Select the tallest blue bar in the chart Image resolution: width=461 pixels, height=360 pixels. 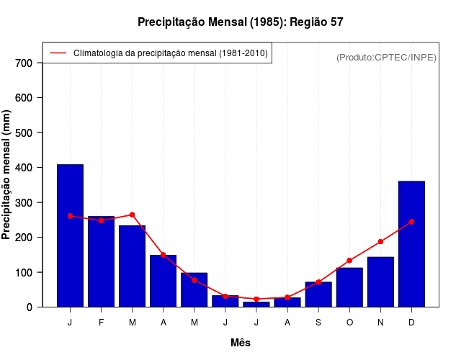(70, 235)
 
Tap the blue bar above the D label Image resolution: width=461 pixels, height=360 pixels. (411, 244)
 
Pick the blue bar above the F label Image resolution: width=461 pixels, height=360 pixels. (101, 261)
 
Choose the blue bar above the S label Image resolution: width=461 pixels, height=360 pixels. (318, 294)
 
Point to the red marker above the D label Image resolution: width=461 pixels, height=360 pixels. (411, 222)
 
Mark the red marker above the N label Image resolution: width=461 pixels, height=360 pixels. (380, 242)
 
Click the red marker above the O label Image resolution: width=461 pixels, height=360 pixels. (349, 261)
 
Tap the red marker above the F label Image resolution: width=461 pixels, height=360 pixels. (101, 220)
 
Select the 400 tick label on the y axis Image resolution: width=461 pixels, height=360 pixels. (24, 168)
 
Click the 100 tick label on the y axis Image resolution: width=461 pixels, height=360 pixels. (24, 272)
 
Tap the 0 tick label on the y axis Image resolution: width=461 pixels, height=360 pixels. (30, 307)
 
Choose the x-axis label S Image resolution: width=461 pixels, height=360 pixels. (318, 323)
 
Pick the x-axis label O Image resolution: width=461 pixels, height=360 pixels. (349, 323)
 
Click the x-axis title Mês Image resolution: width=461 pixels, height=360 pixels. (241, 343)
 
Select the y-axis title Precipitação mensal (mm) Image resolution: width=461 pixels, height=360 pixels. (7, 175)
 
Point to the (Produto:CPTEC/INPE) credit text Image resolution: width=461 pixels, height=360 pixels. (386, 57)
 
